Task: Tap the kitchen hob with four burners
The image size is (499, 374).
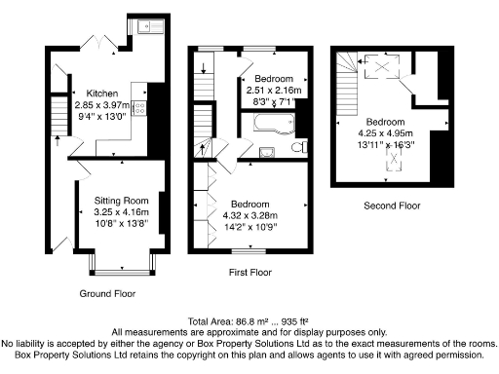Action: coord(140,110)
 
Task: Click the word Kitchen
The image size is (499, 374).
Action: coord(101,83)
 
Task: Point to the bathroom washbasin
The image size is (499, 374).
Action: coord(266,152)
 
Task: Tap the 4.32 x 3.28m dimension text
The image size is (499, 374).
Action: coord(251,216)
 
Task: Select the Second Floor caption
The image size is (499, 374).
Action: coord(392,206)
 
